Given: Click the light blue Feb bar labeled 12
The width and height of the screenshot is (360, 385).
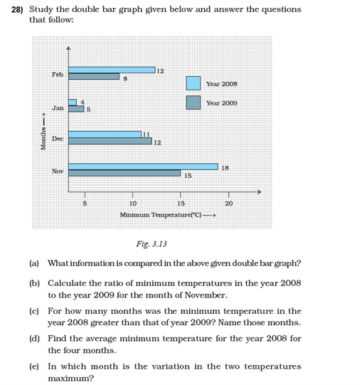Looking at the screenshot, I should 112,70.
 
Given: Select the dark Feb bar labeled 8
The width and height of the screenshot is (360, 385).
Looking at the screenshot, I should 94,76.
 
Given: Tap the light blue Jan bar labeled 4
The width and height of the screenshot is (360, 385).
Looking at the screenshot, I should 73,102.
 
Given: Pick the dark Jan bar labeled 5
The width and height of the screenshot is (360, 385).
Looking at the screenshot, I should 76,108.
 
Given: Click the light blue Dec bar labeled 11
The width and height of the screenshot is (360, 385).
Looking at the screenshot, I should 106,134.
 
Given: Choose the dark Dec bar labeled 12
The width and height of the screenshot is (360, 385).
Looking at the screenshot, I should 110,141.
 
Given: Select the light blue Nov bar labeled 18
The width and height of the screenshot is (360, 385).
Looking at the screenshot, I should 143,167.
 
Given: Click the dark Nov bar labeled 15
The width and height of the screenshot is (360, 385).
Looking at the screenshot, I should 125,173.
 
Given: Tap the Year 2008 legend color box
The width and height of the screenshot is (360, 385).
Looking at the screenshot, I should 193,83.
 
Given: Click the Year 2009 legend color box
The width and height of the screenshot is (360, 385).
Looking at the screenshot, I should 193,102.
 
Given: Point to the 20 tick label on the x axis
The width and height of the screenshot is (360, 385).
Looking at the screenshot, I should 228,204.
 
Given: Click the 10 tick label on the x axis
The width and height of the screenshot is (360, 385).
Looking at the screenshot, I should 132,204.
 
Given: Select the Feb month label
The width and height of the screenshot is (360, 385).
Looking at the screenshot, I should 58,74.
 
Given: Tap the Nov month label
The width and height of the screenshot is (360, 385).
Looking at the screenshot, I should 58,171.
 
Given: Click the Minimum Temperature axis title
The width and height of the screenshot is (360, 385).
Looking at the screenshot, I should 161,214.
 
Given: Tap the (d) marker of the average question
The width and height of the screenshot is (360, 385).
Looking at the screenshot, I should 34,339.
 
